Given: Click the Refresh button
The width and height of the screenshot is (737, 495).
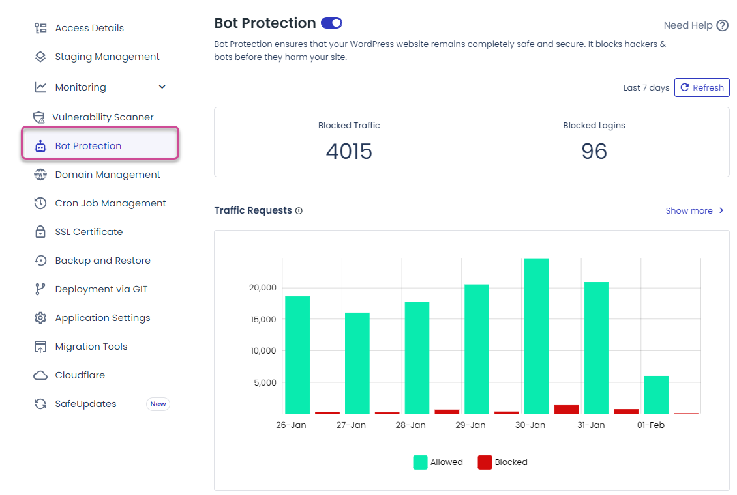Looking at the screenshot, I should (702, 88).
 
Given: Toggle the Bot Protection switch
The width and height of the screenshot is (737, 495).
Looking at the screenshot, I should (332, 23).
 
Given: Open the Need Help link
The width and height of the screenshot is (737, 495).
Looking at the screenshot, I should (695, 25).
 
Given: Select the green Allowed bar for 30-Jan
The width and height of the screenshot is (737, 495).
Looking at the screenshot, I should (536, 336).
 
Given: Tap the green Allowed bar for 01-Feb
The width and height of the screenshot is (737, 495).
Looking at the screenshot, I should (656, 395).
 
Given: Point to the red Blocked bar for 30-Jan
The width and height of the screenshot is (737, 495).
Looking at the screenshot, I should (566, 409).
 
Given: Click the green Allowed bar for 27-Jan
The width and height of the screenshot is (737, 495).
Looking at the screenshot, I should (357, 363).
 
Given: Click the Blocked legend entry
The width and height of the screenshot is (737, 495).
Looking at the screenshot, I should (502, 462).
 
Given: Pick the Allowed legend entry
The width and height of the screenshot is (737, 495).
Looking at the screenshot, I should (438, 462).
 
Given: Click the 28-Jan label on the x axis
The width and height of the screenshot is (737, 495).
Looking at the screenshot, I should (410, 425).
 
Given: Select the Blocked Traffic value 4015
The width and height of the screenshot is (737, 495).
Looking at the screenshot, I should (349, 152).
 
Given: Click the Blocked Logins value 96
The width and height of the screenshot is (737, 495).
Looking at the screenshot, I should (594, 152).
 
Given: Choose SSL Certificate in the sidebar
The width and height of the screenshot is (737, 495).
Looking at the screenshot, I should (89, 232).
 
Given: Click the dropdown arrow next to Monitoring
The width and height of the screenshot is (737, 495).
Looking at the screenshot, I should (162, 87).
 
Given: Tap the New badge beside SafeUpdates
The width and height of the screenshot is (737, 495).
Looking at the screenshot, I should (158, 404).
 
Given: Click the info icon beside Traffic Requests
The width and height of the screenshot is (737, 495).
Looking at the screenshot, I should (299, 211).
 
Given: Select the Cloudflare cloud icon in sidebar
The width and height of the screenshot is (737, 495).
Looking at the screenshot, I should (40, 375).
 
